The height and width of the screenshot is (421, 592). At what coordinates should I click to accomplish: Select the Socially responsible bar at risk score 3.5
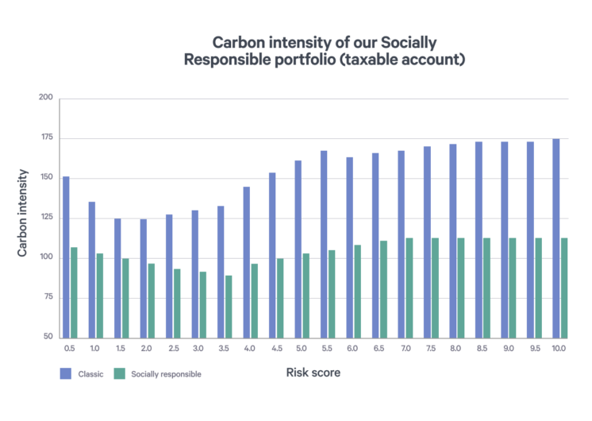[229, 306]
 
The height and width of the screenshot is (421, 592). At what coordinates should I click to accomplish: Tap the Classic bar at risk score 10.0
[555, 238]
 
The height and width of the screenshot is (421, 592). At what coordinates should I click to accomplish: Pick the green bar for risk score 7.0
[409, 288]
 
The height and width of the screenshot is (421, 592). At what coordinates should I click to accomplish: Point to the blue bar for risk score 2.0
[143, 278]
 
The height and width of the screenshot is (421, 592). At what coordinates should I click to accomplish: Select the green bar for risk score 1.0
[100, 295]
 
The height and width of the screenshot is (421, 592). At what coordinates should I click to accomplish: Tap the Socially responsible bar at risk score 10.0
[564, 288]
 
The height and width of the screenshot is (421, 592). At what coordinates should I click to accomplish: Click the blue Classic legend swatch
[65, 373]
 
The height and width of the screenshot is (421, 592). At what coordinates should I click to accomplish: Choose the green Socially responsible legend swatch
[119, 373]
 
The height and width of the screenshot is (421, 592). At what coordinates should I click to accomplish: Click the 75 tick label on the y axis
[48, 297]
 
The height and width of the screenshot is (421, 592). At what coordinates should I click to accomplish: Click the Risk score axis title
[313, 373]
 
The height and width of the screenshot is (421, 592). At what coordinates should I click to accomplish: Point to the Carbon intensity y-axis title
[24, 213]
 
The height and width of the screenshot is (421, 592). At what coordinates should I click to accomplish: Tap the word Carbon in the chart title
[237, 41]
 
